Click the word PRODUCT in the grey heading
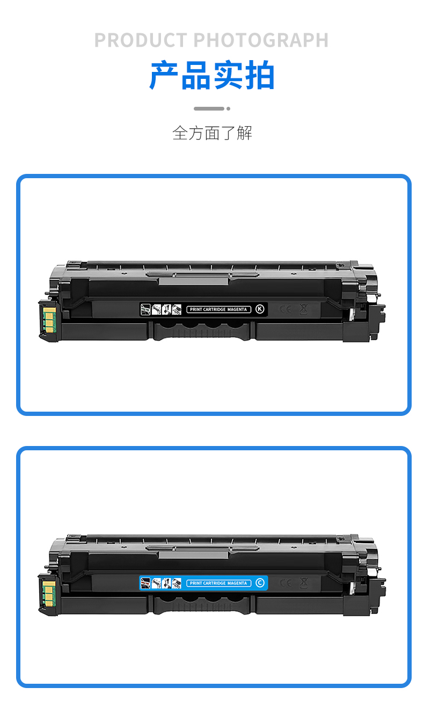(141, 40)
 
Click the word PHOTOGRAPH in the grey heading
(261, 40)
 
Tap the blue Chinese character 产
(164, 75)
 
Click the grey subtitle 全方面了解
(212, 133)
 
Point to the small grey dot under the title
(228, 109)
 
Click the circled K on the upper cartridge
(260, 309)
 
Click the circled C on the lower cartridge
(260, 583)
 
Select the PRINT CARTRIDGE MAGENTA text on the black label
(218, 309)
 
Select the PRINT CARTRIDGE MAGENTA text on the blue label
(218, 583)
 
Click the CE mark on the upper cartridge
(286, 309)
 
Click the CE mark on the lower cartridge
(286, 583)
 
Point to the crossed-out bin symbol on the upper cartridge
(303, 309)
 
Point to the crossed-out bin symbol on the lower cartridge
(303, 583)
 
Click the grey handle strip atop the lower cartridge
(194, 554)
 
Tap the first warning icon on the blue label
(145, 583)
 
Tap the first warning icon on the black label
(145, 309)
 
